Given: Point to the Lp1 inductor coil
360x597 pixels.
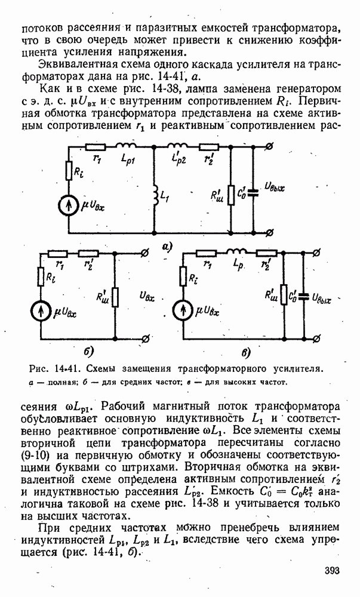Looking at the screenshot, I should point(127,146).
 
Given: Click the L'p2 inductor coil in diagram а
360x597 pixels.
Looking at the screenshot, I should point(177,146).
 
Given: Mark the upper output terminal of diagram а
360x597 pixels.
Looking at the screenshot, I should point(272,146).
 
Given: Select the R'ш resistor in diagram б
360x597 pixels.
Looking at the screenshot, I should point(115,296).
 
